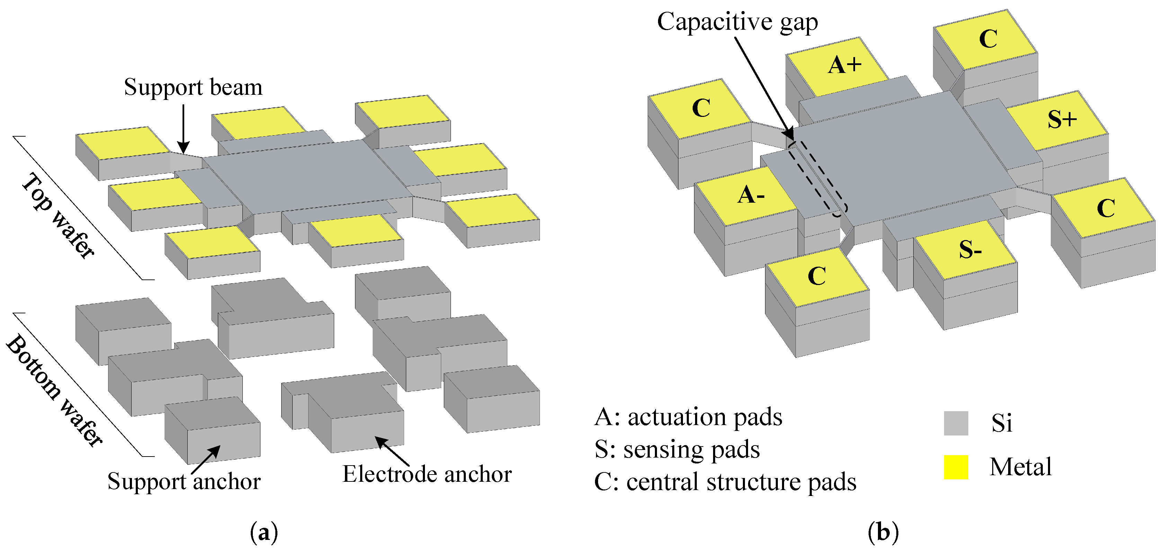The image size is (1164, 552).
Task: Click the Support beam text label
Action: click(193, 87)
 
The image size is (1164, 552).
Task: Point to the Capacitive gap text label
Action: click(737, 22)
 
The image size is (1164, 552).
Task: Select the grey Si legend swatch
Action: click(956, 423)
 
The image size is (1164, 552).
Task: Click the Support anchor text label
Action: click(184, 481)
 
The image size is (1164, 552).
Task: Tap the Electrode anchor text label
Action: click(427, 474)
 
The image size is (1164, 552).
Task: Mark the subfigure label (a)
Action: click(264, 533)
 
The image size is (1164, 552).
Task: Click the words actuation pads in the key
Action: click(705, 417)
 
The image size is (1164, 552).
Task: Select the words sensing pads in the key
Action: click(691, 450)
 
